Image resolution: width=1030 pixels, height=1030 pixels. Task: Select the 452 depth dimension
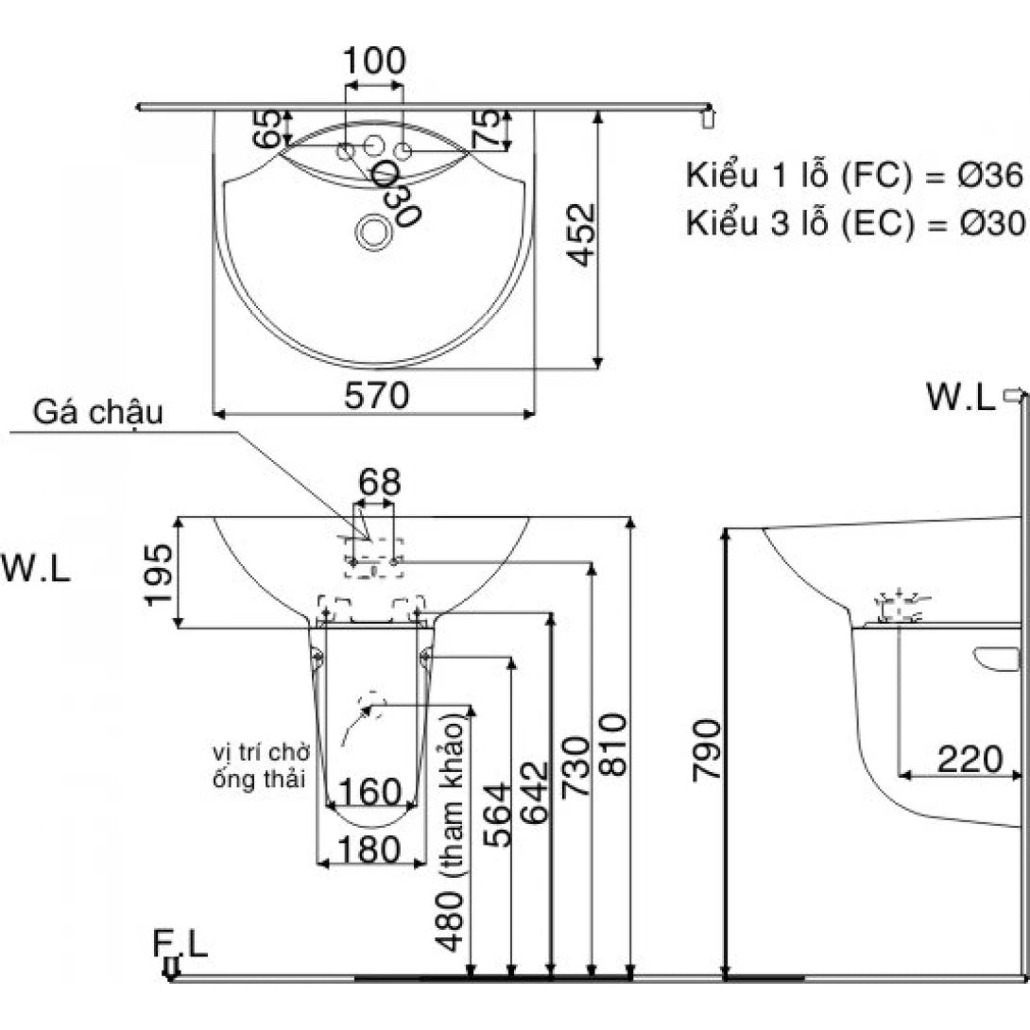(585, 235)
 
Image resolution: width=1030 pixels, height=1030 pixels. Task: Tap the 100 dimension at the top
(374, 61)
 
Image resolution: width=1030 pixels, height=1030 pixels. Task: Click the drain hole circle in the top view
(374, 231)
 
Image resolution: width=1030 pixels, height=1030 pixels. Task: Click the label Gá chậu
(99, 413)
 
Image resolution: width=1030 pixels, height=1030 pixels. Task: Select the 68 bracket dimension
(378, 483)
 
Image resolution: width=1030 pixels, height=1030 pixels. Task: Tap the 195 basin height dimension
(158, 574)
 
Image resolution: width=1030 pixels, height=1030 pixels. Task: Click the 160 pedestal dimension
(369, 789)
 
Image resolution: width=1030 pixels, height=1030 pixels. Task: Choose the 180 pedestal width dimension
(369, 850)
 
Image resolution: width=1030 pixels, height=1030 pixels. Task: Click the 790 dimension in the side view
(707, 749)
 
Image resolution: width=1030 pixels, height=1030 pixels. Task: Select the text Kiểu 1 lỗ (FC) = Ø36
(854, 176)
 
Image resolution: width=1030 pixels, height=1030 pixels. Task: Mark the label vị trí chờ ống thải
(262, 766)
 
